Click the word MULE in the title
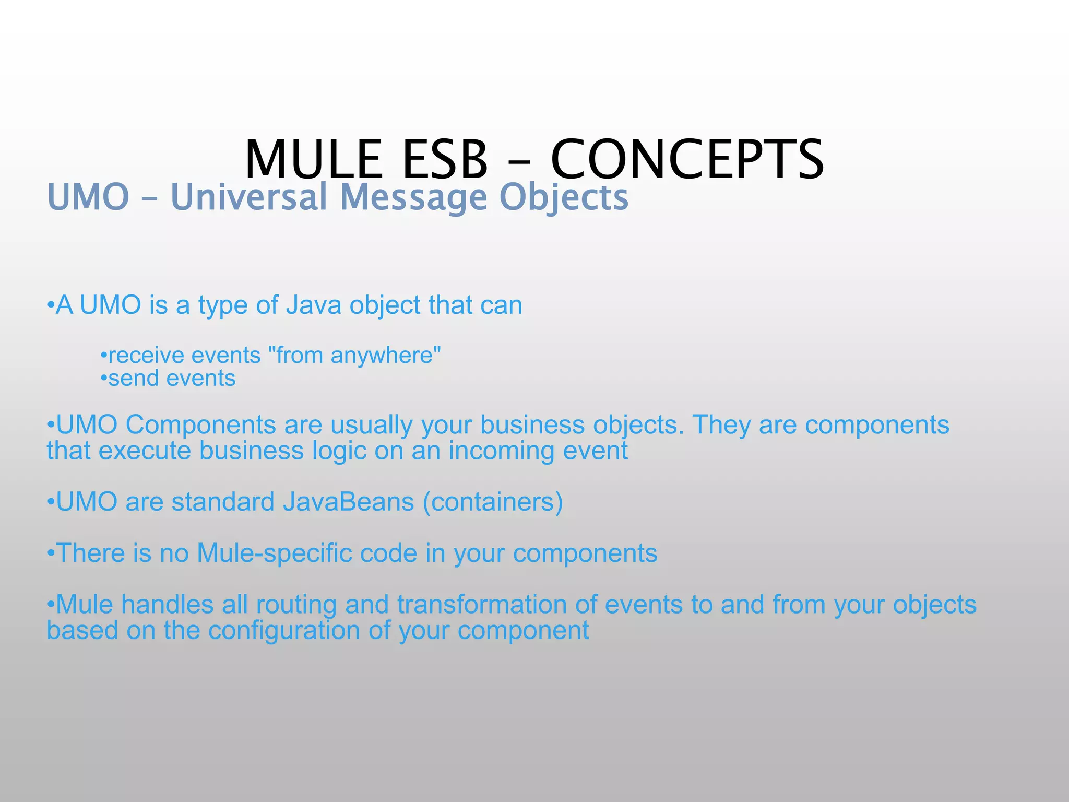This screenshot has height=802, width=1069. click(313, 159)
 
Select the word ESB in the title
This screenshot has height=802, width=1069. click(445, 159)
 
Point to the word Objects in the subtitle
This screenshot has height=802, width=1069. click(564, 197)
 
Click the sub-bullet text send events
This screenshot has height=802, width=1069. click(172, 379)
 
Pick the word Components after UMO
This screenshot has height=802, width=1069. click(200, 425)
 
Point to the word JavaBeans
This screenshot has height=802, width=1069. click(348, 502)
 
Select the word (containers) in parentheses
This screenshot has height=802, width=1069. click(493, 502)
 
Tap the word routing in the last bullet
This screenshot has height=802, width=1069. click(296, 605)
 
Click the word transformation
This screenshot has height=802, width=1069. click(482, 605)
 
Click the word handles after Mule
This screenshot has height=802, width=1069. click(167, 605)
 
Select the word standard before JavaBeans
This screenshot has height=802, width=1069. click(223, 502)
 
